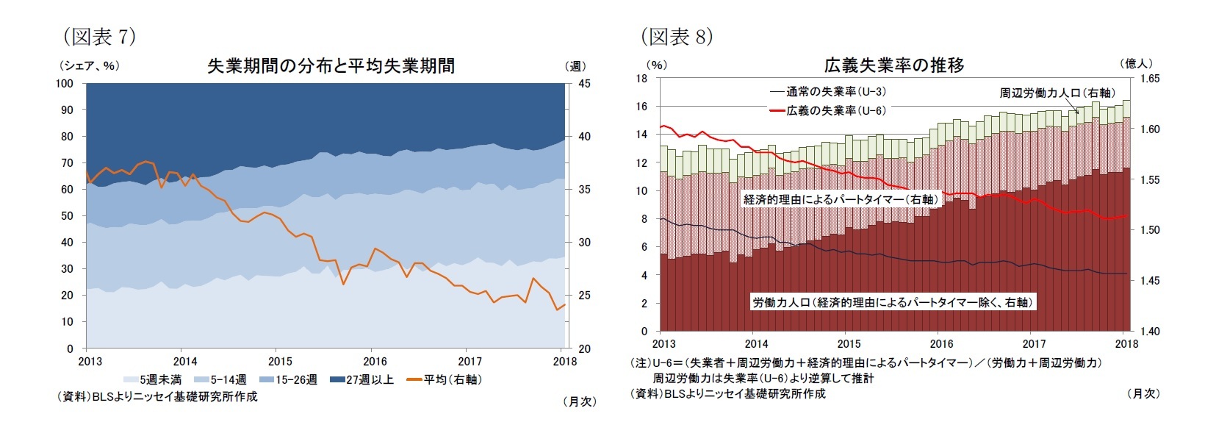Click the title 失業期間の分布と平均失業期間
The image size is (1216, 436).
point(331,66)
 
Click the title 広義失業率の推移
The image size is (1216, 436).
point(893,65)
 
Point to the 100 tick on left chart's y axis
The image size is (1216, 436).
point(65,84)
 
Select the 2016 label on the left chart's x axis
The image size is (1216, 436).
point(375,361)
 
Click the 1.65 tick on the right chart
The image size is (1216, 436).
point(1150,78)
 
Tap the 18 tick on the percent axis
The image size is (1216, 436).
point(641,78)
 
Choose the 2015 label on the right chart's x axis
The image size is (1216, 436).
point(849,343)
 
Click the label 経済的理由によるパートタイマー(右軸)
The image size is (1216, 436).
point(841,199)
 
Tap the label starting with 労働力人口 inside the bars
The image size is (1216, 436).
point(893,302)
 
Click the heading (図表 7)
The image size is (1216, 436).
point(99,36)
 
